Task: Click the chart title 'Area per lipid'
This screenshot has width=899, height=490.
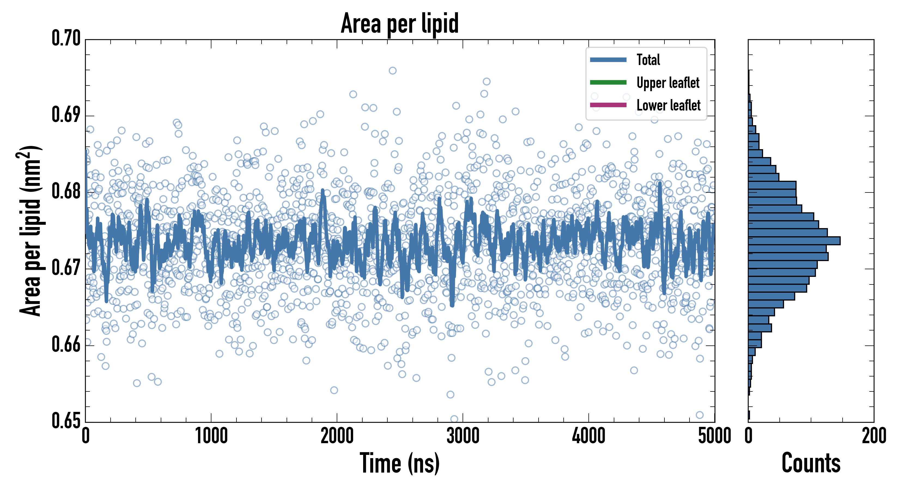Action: [400, 23]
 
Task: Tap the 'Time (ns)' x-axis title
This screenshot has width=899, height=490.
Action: [400, 463]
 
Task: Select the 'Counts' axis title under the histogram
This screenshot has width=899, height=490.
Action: [811, 463]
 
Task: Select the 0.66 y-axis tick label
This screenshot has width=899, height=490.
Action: [66, 345]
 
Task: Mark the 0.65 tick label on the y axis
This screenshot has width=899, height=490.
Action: [66, 421]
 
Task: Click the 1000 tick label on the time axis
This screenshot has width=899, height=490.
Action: [211, 436]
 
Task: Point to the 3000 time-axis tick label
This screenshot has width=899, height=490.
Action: [463, 436]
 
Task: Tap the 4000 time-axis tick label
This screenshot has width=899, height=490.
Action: [589, 436]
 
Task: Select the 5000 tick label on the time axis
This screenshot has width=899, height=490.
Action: [714, 436]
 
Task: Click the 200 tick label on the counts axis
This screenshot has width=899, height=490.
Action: [873, 436]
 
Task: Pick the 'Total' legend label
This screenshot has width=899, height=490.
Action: [648, 60]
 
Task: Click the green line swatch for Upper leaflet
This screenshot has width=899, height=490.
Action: [608, 82]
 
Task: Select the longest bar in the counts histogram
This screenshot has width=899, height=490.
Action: [794, 241]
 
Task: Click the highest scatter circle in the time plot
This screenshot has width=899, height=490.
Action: [393, 71]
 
